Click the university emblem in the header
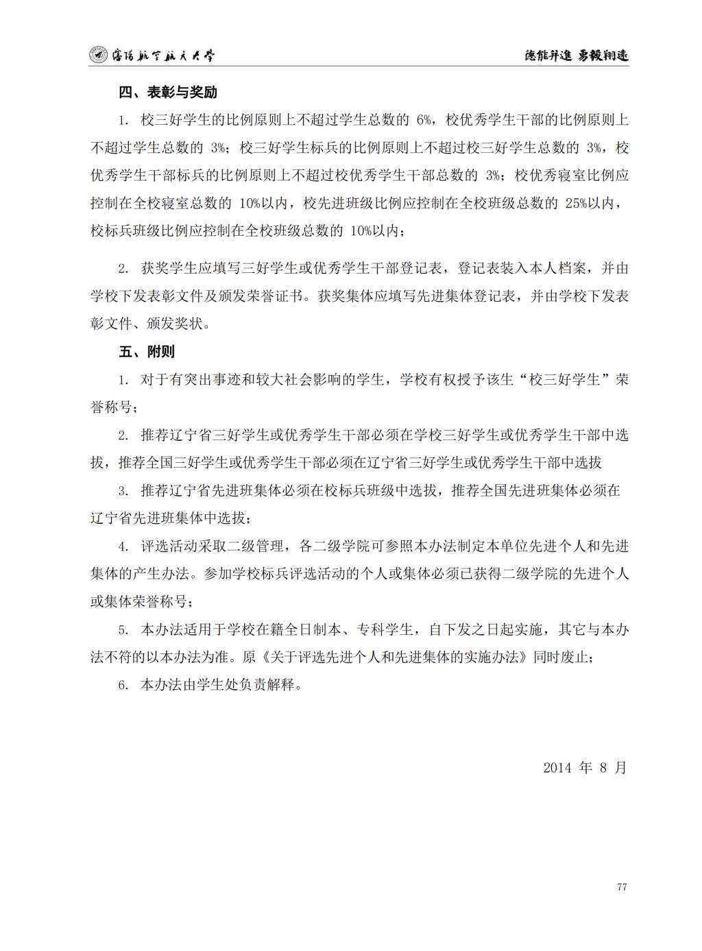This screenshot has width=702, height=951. click(x=99, y=56)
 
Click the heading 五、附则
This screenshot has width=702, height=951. click(x=146, y=352)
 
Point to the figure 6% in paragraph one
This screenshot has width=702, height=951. click(x=423, y=120)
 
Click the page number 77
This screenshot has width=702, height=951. click(x=621, y=887)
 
